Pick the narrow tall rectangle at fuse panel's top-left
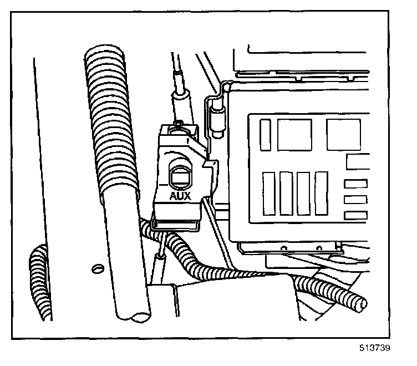266,134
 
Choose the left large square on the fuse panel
294,134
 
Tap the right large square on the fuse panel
343,134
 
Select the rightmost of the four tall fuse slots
322,193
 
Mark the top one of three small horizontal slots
355,184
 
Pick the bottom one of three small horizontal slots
355,215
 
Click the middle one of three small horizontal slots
355,200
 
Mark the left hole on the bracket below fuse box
284,247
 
